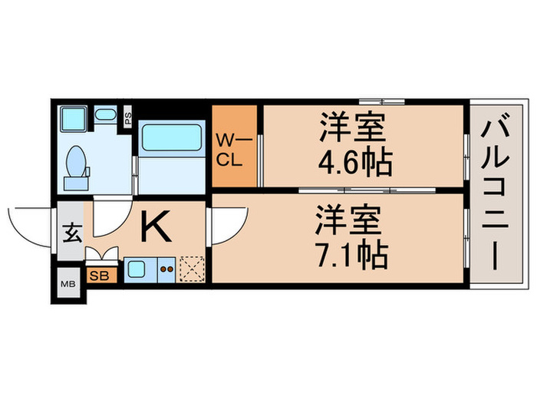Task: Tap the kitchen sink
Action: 138,269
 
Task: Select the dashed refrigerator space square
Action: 192,269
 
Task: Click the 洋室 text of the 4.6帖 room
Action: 352,127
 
